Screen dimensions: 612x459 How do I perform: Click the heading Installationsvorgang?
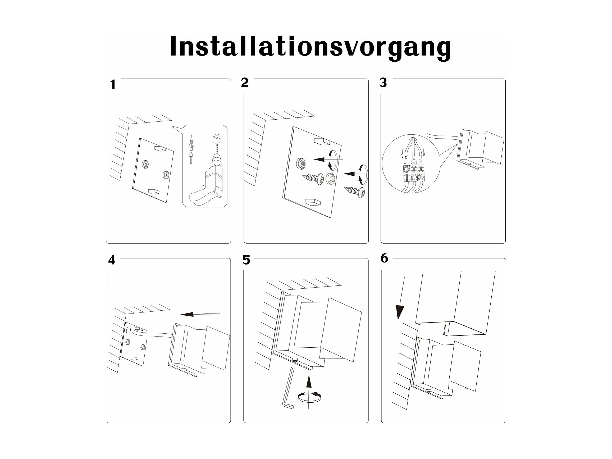(310, 47)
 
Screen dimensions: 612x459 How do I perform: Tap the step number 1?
(113, 85)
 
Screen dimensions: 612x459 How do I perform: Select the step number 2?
(245, 83)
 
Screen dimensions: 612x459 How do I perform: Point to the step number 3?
(383, 83)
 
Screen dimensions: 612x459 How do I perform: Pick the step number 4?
(112, 260)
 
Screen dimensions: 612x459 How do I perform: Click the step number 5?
(246, 260)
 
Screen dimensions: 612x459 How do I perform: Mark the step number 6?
(384, 258)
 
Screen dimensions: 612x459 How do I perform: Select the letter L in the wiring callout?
(405, 161)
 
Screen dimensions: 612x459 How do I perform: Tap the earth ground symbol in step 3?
(413, 161)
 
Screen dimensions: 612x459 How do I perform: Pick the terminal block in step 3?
(413, 173)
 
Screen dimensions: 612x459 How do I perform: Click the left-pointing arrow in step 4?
(199, 314)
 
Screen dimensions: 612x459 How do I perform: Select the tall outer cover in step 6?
(455, 303)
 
